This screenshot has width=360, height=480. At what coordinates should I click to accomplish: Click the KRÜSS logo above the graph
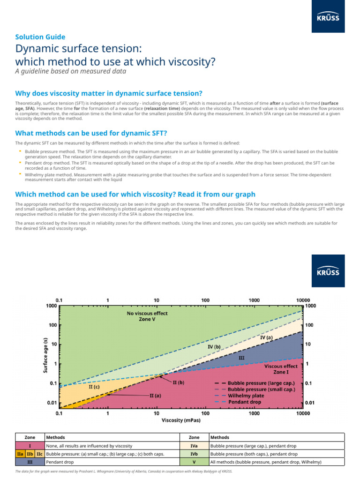(328, 271)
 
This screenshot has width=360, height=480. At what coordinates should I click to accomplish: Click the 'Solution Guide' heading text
(40, 37)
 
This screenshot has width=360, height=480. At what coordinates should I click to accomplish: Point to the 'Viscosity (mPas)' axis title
(180, 420)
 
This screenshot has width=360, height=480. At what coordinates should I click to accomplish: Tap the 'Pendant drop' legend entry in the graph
(245, 402)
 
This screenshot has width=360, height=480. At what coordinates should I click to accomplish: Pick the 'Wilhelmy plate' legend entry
(246, 395)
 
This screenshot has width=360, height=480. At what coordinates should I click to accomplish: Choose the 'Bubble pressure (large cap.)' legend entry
(261, 382)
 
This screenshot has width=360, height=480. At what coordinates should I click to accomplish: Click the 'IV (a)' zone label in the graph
(266, 337)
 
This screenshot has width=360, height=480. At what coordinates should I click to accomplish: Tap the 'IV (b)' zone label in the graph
(214, 346)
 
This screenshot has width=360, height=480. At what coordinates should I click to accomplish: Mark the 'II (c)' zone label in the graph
(94, 387)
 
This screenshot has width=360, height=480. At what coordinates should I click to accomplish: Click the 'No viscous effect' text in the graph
(147, 313)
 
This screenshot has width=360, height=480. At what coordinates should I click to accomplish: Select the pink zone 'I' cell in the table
(30, 446)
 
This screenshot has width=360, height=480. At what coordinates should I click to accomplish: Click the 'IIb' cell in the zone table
(30, 454)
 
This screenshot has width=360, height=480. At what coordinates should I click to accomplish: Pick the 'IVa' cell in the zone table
(194, 446)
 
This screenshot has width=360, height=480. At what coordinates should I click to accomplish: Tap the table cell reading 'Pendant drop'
(60, 462)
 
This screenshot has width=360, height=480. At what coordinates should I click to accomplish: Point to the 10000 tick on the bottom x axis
(303, 413)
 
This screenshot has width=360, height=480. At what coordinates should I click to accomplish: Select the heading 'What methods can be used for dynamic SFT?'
(91, 133)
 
